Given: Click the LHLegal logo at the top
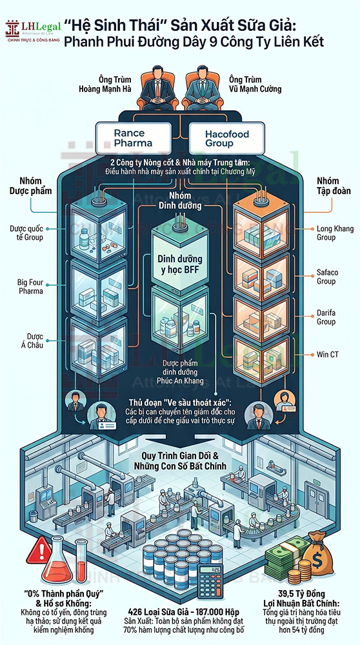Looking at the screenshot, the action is point(33,32).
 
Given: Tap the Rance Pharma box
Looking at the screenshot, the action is point(134,138).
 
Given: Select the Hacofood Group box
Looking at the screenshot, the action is point(226,138).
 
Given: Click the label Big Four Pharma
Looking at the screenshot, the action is point(30,287).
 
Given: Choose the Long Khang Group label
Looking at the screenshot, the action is point(329,233).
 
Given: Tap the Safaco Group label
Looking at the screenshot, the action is point(326,277).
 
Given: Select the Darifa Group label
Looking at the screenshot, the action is point(326,317).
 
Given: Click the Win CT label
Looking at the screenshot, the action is point(328,353).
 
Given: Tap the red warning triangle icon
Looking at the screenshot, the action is point(39,550).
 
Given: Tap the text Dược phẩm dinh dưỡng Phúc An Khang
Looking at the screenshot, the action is point(180,372).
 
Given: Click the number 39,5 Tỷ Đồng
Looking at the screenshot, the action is point(306,594).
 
